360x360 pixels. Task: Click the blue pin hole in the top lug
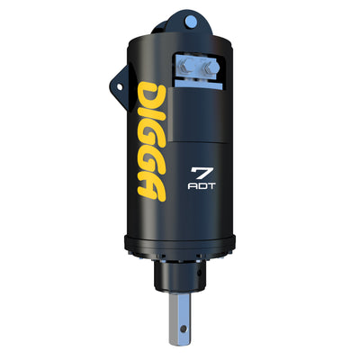click(x=191, y=22)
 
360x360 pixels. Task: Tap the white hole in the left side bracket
click(x=120, y=87)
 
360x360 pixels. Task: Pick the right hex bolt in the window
click(x=210, y=67)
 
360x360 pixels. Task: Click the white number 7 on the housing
click(x=202, y=174)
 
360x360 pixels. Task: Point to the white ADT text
click(x=202, y=186)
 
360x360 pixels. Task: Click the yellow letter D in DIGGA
click(x=152, y=93)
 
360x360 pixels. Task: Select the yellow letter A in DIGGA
click(x=152, y=190)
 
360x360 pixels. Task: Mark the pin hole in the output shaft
click(x=184, y=328)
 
